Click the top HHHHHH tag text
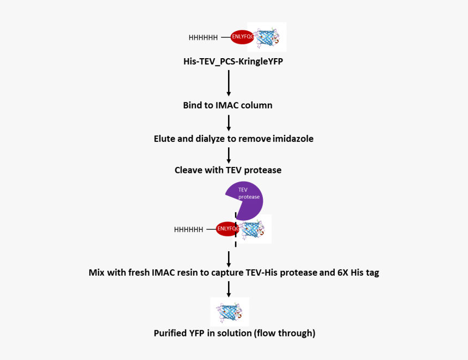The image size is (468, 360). [x=203, y=38]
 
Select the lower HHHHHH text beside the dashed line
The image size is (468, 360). [x=188, y=229]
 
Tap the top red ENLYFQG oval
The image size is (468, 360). [x=242, y=37]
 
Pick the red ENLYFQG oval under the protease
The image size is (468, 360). [x=227, y=229]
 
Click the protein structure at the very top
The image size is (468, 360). [x=267, y=37]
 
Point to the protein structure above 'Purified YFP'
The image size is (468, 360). [x=230, y=312]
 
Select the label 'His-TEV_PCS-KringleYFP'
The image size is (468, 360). [x=233, y=61]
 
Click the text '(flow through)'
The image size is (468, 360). [x=285, y=333]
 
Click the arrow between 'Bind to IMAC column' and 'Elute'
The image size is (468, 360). [x=229, y=121]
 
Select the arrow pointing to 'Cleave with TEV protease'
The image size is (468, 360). [x=229, y=154]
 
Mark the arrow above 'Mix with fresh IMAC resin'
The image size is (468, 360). [x=229, y=257]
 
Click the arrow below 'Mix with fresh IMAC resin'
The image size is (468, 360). [x=229, y=287]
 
